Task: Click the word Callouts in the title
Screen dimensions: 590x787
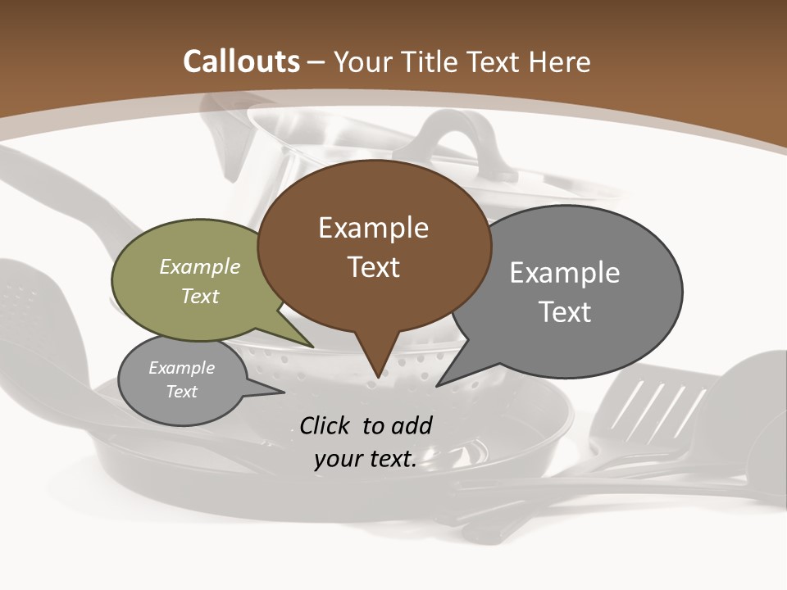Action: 241,61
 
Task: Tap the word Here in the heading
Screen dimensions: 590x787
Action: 560,61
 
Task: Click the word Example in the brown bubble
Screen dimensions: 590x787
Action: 373,228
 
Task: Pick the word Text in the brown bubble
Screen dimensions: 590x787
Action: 373,267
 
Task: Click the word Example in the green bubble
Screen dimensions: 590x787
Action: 200,266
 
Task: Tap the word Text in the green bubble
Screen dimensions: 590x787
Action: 200,296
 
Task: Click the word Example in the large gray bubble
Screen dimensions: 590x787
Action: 565,272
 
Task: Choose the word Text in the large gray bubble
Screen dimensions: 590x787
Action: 565,312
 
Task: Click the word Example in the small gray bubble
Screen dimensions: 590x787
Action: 181,368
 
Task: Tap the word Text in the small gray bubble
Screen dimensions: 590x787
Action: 181,392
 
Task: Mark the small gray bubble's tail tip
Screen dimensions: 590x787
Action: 284,392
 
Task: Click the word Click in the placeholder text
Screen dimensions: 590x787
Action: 325,425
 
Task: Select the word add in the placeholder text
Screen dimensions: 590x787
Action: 412,425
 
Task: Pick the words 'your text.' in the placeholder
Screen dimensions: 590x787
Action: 366,459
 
